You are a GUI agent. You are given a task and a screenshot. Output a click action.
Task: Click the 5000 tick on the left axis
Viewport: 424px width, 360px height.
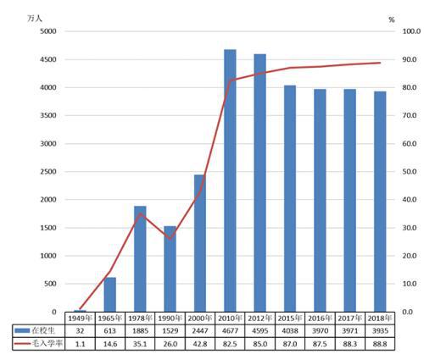tap(46, 31)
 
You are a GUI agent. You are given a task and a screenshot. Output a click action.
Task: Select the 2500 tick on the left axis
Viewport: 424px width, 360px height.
tap(46, 172)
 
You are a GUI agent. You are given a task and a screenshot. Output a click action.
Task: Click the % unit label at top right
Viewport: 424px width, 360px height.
tap(391, 18)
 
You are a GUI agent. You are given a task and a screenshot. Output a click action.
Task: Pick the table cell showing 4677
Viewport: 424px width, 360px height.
tap(230, 330)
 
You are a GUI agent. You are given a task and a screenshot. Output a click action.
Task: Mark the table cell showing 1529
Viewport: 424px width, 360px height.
tap(170, 330)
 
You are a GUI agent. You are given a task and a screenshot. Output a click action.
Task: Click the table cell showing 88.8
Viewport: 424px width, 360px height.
tap(380, 344)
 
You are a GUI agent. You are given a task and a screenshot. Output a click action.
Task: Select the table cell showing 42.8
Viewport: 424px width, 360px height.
tap(199, 344)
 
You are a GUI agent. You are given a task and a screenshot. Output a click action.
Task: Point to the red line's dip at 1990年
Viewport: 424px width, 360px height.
tap(170, 238)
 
